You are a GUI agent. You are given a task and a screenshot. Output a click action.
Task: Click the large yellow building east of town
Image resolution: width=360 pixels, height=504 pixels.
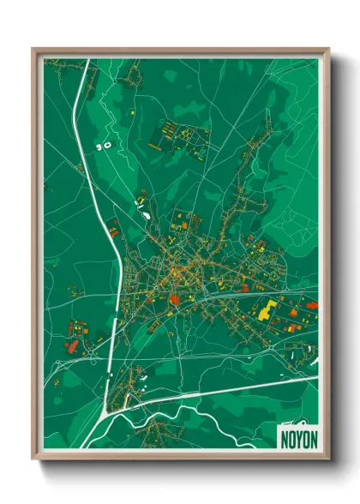(265, 310)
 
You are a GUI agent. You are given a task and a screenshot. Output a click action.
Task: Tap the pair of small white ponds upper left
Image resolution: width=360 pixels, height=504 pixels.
(105, 146)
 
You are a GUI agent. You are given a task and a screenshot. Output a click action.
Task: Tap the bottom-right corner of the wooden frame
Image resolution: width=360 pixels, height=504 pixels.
(329, 459)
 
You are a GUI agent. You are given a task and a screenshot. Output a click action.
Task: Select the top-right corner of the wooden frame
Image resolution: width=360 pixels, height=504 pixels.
(329, 49)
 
